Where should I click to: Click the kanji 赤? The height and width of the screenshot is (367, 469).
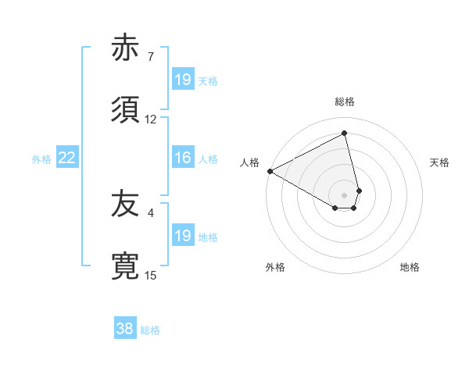point(127,48)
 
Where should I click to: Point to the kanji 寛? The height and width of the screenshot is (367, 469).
point(127,266)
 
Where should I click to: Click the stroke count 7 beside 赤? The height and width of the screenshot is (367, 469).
point(151,57)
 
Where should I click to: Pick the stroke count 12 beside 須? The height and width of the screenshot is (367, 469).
point(151,119)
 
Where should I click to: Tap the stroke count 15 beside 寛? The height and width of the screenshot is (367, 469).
point(151,275)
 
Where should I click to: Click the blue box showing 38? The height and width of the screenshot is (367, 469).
point(124,329)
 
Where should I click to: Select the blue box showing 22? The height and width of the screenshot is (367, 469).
point(66,158)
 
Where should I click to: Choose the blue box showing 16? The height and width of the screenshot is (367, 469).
point(183,158)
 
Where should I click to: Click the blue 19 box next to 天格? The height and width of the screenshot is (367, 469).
point(183,80)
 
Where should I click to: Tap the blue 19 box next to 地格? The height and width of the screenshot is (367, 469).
point(183,236)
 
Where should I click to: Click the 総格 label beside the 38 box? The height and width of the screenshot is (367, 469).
point(150,330)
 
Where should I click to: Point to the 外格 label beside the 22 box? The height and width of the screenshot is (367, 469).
point(41,159)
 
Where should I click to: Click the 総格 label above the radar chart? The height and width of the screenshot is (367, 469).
point(345,102)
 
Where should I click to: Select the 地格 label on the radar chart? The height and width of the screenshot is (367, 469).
point(410,267)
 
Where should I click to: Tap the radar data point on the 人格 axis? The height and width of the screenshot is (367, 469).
point(270,171)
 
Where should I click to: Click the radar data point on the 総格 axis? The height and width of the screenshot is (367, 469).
point(345,133)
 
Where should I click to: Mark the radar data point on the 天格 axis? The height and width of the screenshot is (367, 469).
point(359,190)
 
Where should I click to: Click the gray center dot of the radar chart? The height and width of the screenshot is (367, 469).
point(345,194)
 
